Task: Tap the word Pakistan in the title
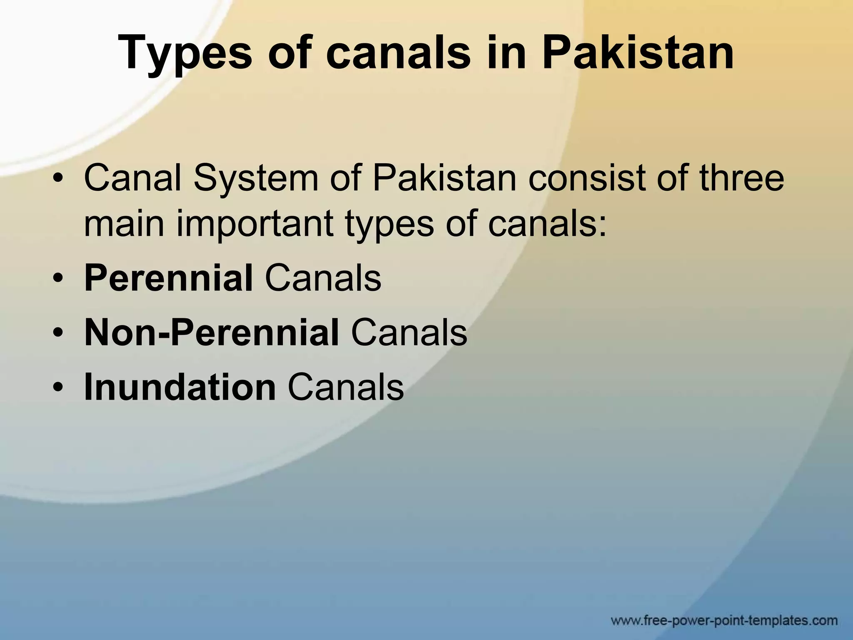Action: [x=638, y=53]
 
